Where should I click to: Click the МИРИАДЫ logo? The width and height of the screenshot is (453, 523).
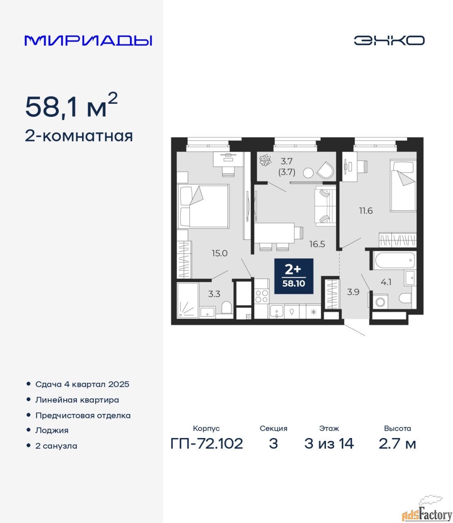(x=88, y=41)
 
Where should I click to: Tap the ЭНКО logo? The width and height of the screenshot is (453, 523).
(x=389, y=40)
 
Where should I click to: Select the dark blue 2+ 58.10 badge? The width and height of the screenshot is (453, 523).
(x=294, y=276)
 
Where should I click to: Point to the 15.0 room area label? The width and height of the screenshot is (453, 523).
(x=219, y=253)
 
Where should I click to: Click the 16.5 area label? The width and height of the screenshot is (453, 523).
(x=317, y=244)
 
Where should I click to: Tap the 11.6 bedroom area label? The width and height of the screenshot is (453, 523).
(x=366, y=210)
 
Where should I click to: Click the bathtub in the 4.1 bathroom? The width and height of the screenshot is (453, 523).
(x=395, y=260)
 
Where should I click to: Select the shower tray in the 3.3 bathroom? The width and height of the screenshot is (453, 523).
(x=187, y=300)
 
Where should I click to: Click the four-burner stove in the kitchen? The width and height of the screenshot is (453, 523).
(x=261, y=296)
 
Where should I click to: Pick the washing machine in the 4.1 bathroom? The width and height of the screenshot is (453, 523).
(x=380, y=302)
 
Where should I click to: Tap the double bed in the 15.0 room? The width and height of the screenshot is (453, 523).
(x=203, y=206)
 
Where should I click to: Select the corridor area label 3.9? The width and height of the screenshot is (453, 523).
(x=353, y=292)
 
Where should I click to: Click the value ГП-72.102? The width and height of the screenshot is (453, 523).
(x=207, y=444)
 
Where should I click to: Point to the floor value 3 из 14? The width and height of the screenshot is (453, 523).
(x=329, y=444)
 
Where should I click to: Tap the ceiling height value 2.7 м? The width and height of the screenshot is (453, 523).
(x=397, y=444)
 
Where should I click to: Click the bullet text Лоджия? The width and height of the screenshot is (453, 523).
(x=52, y=430)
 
